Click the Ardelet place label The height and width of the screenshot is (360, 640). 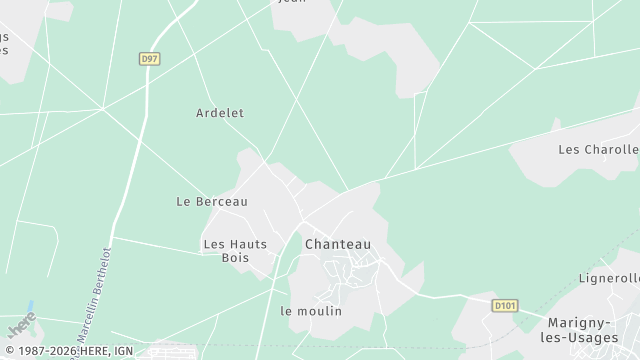pyautogui.click(x=220, y=113)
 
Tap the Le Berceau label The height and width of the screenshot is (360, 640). pyautogui.click(x=211, y=201)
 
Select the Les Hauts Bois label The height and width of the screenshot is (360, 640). pyautogui.click(x=235, y=250)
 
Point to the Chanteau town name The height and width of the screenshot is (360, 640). pyautogui.click(x=337, y=244)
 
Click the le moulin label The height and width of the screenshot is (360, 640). pyautogui.click(x=311, y=311)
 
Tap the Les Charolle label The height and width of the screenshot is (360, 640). pyautogui.click(x=598, y=150)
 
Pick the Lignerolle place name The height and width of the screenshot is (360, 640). pyautogui.click(x=609, y=278)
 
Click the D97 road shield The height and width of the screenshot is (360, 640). pyautogui.click(x=149, y=60)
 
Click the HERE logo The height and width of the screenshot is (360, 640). pyautogui.click(x=20, y=324)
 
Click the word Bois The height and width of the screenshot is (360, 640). pyautogui.click(x=235, y=258)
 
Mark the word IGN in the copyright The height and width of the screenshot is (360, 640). pyautogui.click(x=122, y=352)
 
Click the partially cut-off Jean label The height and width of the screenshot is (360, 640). pyautogui.click(x=290, y=2)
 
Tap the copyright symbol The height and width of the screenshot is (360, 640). pyautogui.click(x=8, y=352)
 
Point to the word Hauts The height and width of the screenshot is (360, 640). pyautogui.click(x=248, y=243)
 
